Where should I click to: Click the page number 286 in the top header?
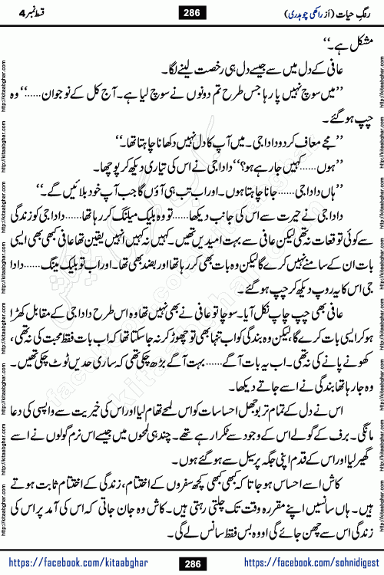(192, 12)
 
